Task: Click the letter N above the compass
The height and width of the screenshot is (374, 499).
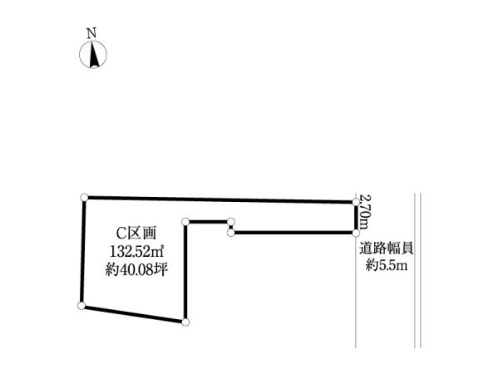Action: point(91,33)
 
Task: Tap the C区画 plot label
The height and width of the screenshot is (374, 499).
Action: point(136,234)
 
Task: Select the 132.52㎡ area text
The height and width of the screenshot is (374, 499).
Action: point(137,252)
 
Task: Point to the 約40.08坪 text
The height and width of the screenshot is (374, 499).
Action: point(136,270)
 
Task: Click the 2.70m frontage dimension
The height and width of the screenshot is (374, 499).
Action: point(364,211)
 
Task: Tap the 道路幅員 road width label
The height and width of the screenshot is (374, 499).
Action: point(387,249)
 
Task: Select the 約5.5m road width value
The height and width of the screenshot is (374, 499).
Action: point(387,265)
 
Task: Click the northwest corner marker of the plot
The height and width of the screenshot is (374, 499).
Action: point(84,198)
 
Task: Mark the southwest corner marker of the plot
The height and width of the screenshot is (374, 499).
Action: point(82,306)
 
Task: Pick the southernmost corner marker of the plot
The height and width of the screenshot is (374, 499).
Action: point(185,322)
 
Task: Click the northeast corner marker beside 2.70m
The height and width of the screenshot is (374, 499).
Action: point(356,202)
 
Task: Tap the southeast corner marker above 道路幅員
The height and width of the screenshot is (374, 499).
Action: point(356,233)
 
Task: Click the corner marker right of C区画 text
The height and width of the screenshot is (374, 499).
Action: point(185,222)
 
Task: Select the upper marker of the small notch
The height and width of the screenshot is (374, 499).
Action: point(231,222)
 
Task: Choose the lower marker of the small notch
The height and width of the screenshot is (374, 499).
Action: point(231,233)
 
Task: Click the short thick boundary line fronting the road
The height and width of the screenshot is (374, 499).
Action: point(356,218)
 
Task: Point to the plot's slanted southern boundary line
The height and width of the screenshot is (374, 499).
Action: point(134,314)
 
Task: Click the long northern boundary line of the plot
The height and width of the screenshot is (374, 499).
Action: point(220,199)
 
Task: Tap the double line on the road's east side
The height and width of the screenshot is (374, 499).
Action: point(417,270)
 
